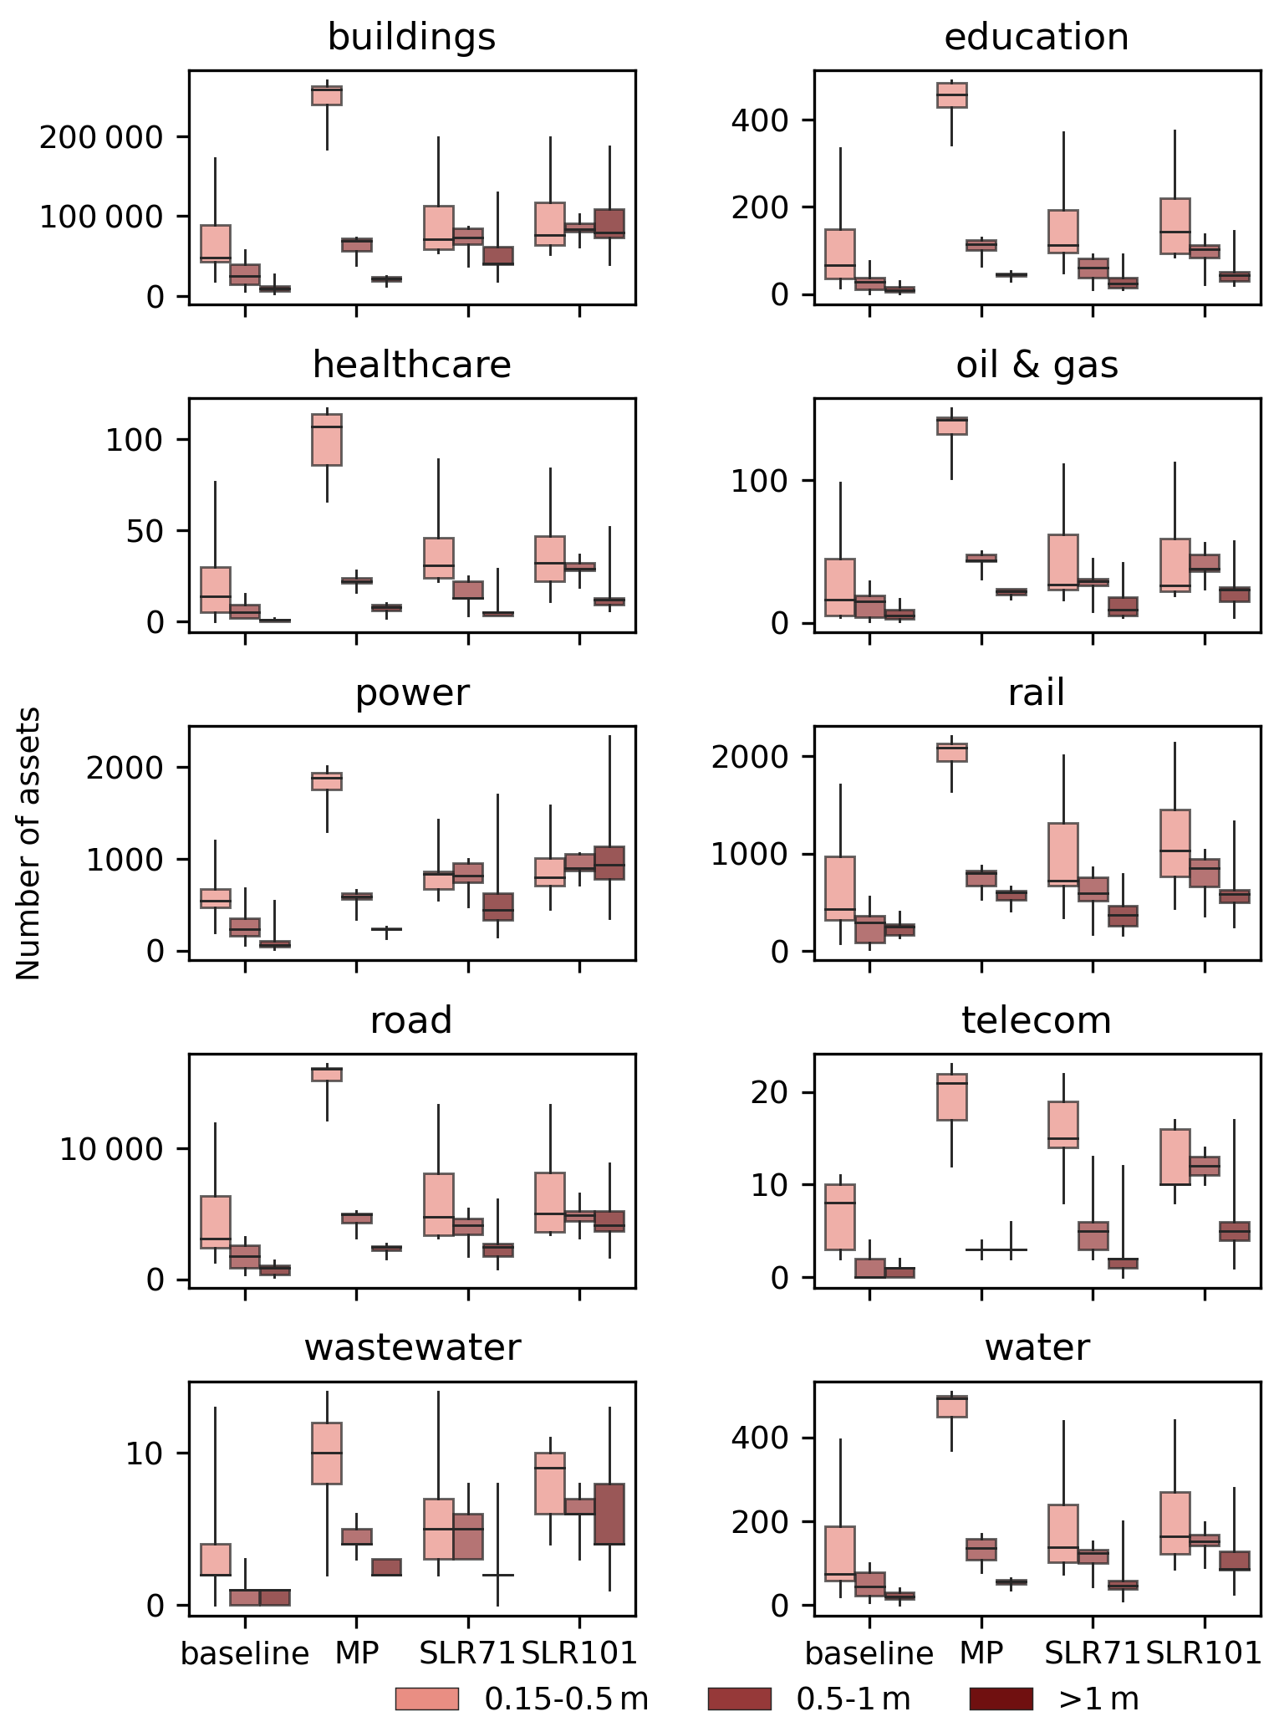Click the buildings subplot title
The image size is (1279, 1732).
411,38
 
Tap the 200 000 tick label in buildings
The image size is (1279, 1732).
101,137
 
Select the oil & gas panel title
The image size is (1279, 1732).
1037,365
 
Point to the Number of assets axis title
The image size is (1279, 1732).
29,843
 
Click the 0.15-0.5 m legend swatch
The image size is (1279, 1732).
426,1699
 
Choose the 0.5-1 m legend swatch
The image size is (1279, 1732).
739,1699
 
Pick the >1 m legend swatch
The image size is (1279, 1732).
1001,1699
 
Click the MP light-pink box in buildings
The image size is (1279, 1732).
327,95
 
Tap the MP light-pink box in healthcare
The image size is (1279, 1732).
327,439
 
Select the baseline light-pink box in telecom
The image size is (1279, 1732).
840,1217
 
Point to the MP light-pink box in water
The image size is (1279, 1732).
951,1407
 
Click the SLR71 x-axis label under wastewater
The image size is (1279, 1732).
466,1653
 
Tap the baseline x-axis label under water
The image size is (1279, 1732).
869,1653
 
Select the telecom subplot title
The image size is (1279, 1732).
1037,1021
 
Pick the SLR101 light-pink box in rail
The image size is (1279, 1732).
1175,843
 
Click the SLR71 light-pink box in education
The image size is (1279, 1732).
1063,232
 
